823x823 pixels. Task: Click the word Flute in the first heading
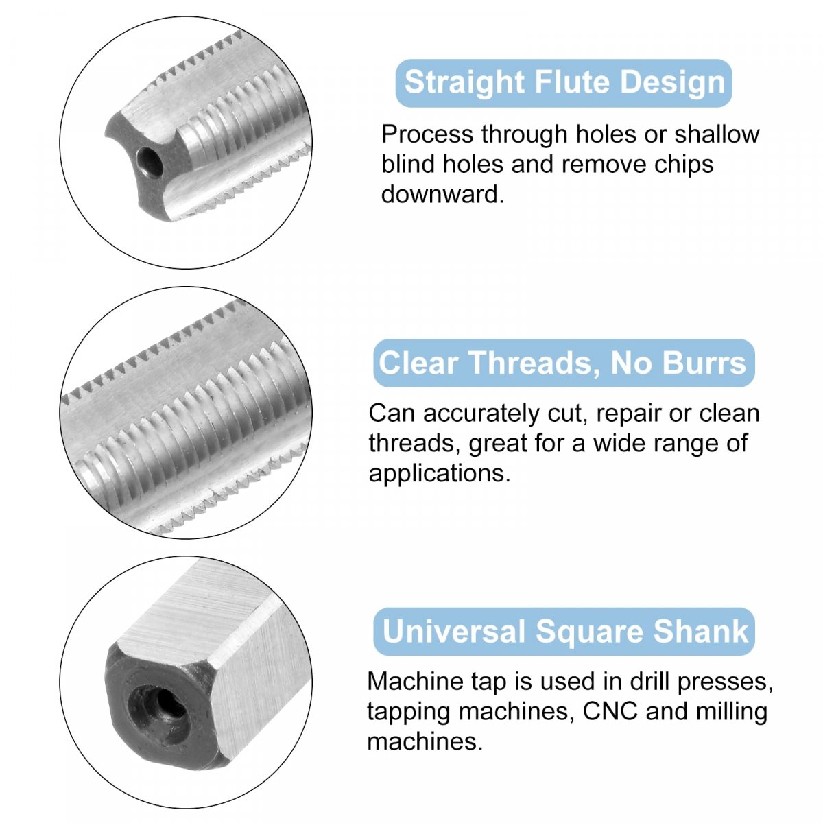(573, 82)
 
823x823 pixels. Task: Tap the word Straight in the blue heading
(464, 82)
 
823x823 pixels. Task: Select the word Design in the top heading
(672, 82)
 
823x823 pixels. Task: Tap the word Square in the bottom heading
(590, 632)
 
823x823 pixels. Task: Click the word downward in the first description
(442, 194)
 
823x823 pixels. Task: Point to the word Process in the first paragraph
(427, 135)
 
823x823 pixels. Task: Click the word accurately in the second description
(481, 415)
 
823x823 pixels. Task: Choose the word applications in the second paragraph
(440, 474)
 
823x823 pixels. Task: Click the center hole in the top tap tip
(150, 163)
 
